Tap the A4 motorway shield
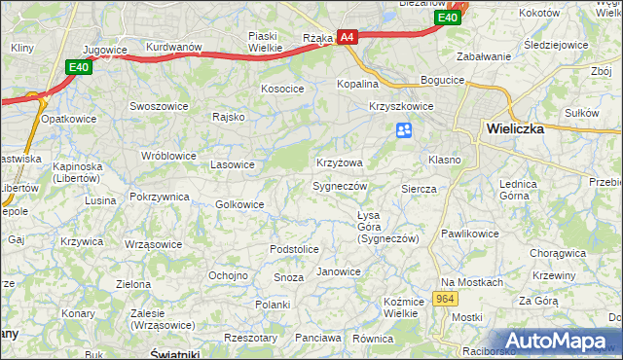[x=348, y=38]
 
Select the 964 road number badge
[x=446, y=299]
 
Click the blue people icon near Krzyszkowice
[x=404, y=130]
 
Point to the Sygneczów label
[x=340, y=186]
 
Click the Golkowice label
[x=239, y=204]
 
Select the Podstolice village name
[x=294, y=249]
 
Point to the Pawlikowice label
[x=469, y=234]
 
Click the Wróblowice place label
[x=168, y=156]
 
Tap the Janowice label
[x=339, y=271]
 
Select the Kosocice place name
[x=282, y=89]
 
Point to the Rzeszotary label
[x=250, y=338]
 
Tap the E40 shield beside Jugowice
[x=79, y=67]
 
